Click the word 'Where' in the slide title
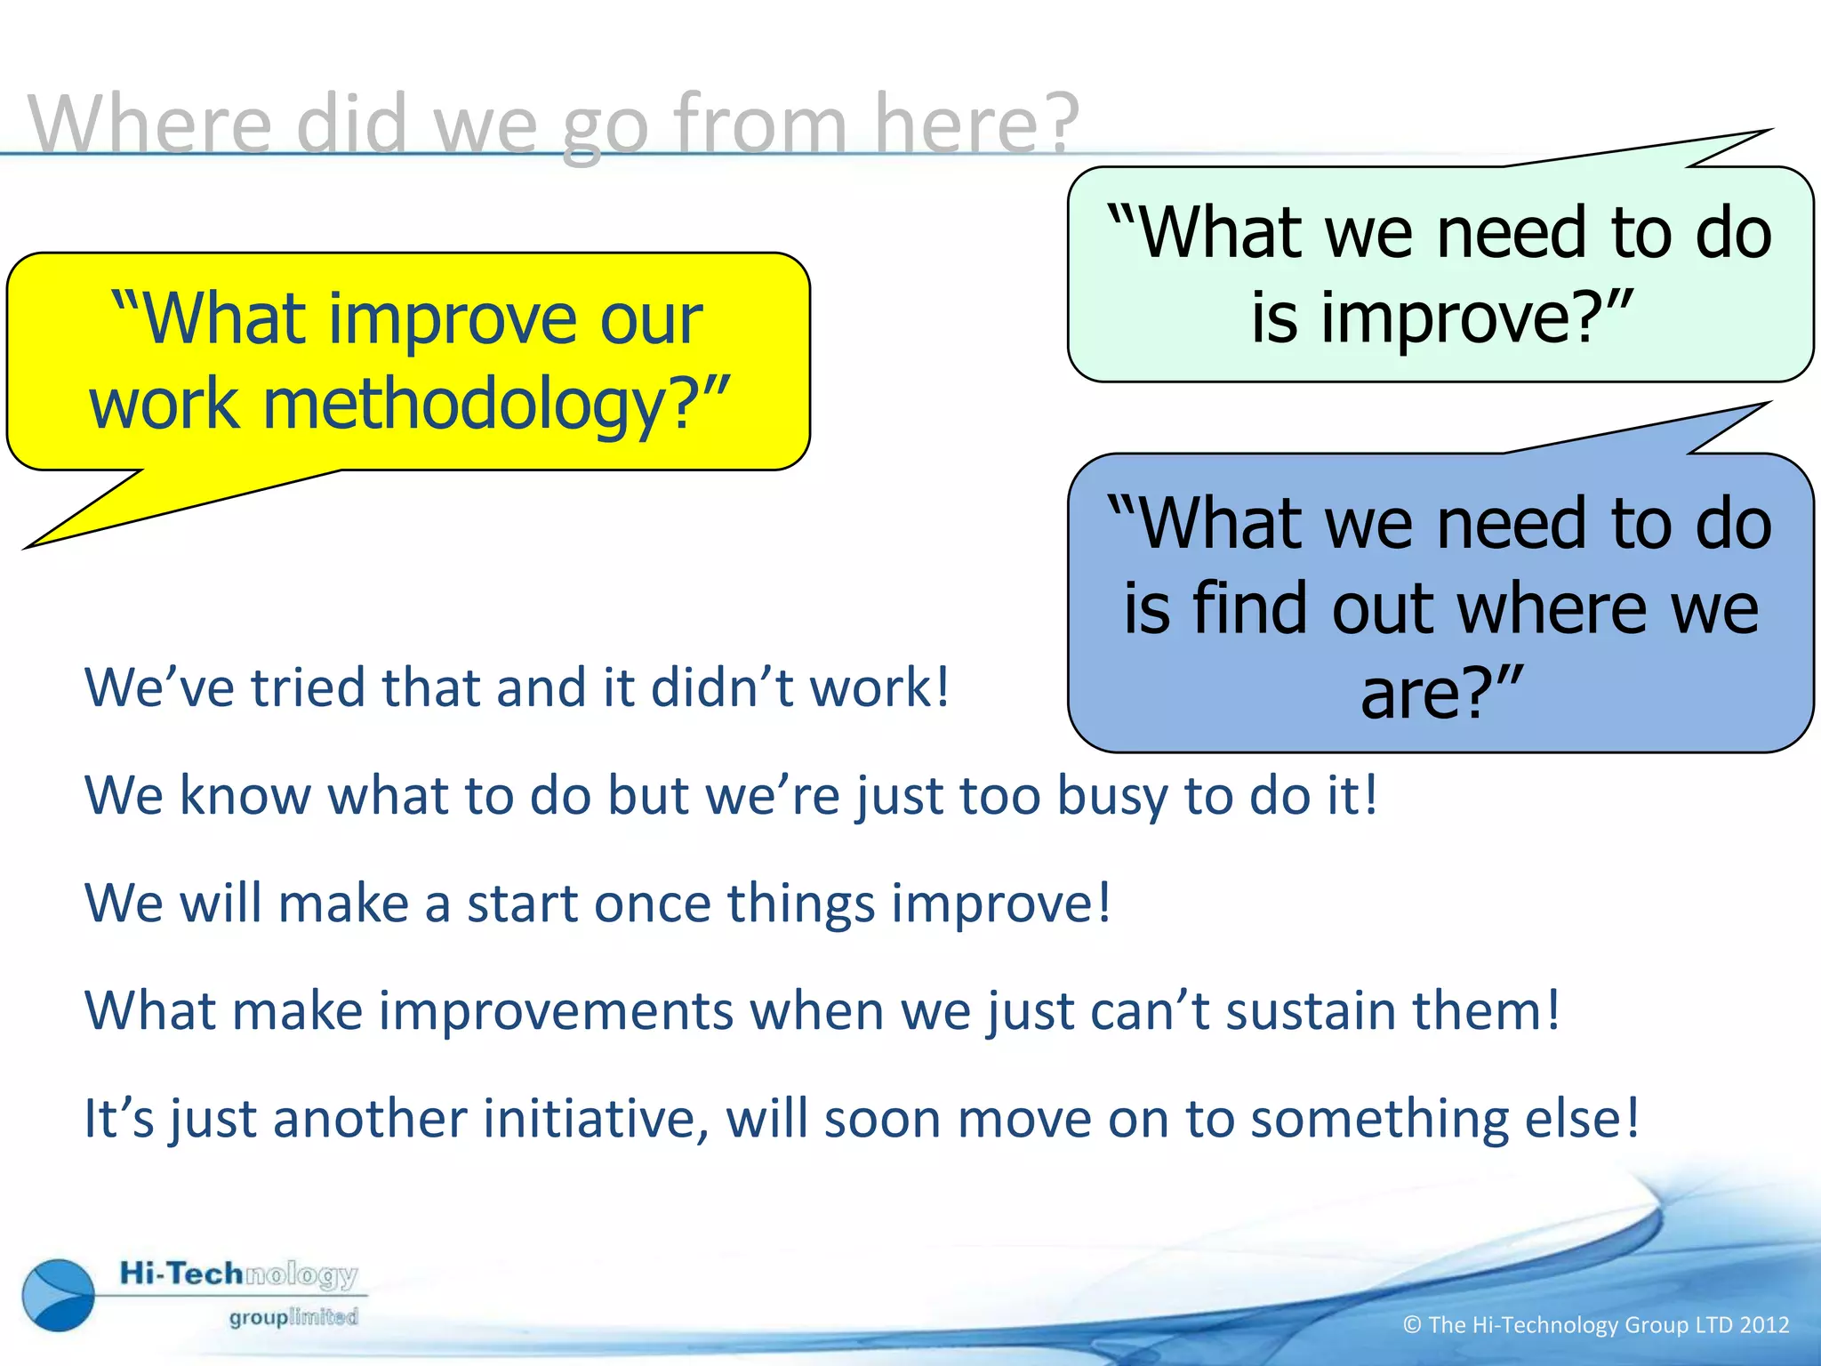pos(149,124)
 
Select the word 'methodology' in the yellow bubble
pos(462,405)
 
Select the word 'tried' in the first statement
pos(307,687)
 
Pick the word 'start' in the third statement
pos(522,904)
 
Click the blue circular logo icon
pos(59,1295)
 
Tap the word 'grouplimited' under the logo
pos(293,1316)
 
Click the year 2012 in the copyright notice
pos(1764,1325)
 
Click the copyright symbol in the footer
pos(1412,1325)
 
